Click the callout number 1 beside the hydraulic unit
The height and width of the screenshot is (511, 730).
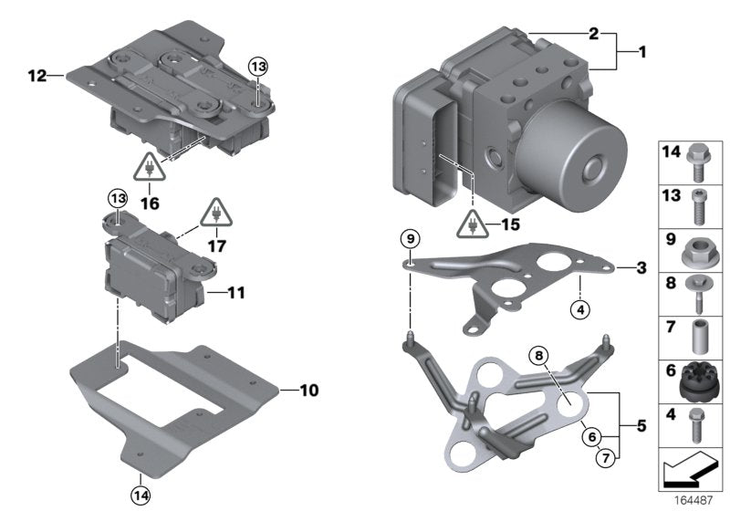coord(641,53)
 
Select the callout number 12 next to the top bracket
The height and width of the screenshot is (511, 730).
coord(36,77)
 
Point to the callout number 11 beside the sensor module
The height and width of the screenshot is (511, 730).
coord(235,293)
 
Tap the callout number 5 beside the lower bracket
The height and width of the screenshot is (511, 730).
coord(641,424)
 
